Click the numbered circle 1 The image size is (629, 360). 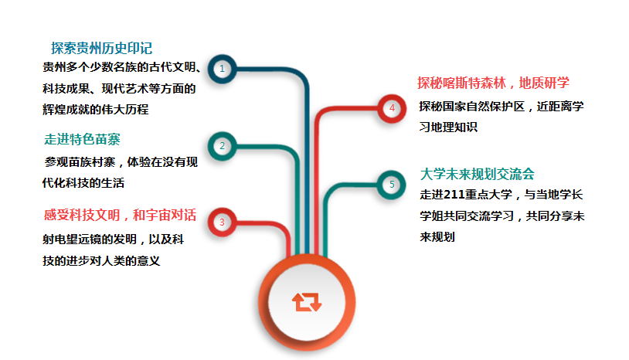coord(222,69)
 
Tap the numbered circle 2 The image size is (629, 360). coord(222,146)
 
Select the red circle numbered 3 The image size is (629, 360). coord(222,222)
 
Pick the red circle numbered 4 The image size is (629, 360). coord(392,108)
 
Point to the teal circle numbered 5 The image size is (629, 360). coord(392,185)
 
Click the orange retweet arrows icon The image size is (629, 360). coord(307,302)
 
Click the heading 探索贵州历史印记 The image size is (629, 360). coord(101,48)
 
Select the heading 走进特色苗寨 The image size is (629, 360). coord(82,139)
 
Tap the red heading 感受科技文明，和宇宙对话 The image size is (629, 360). coord(120,216)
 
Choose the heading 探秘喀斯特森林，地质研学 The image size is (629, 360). coord(494,83)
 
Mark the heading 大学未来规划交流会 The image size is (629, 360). coord(478,174)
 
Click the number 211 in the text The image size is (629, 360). coord(454,195)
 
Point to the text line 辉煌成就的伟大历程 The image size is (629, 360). coord(96,110)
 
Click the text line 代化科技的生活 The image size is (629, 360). coord(83,183)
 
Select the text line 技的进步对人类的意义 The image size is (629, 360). coord(101,261)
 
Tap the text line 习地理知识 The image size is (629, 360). coord(448,127)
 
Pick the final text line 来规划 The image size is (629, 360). coord(437,237)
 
